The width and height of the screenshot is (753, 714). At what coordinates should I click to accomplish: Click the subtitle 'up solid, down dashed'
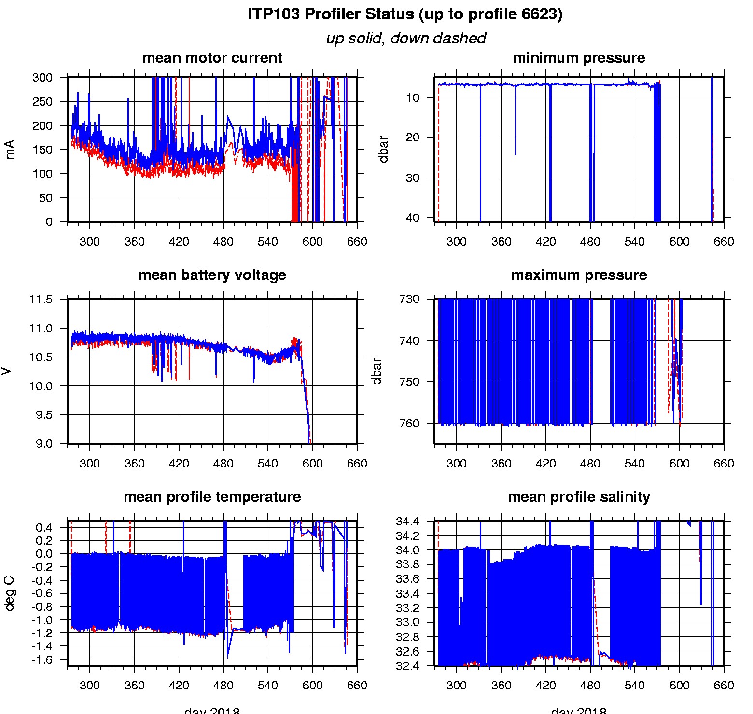(x=405, y=38)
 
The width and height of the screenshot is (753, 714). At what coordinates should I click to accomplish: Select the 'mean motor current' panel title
(x=212, y=58)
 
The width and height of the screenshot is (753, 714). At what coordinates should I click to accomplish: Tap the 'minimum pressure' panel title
(x=579, y=58)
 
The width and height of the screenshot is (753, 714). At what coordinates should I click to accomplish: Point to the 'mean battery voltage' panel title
(x=212, y=275)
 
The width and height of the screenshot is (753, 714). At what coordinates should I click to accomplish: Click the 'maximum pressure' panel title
(x=579, y=275)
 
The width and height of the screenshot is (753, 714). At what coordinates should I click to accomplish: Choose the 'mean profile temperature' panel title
(x=212, y=497)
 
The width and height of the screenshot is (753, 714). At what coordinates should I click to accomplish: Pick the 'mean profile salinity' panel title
(x=579, y=497)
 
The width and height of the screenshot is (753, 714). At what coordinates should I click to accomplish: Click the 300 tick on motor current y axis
(x=42, y=78)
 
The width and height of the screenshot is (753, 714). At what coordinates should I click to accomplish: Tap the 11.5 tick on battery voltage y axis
(x=41, y=300)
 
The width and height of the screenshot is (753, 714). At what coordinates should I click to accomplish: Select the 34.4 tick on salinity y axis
(x=407, y=522)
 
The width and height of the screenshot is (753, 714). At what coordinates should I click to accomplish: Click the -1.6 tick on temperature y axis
(x=44, y=659)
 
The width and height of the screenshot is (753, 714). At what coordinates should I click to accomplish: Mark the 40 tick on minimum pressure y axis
(x=413, y=218)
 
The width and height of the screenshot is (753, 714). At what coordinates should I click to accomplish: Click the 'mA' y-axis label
(x=10, y=149)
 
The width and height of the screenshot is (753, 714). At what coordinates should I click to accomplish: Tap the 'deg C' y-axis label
(x=10, y=593)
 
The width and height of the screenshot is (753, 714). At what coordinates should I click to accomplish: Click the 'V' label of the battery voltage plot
(x=6, y=371)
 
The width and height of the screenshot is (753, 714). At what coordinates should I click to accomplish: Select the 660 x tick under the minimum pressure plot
(x=724, y=242)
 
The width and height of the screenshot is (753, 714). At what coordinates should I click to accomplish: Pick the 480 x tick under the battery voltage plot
(x=223, y=464)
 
